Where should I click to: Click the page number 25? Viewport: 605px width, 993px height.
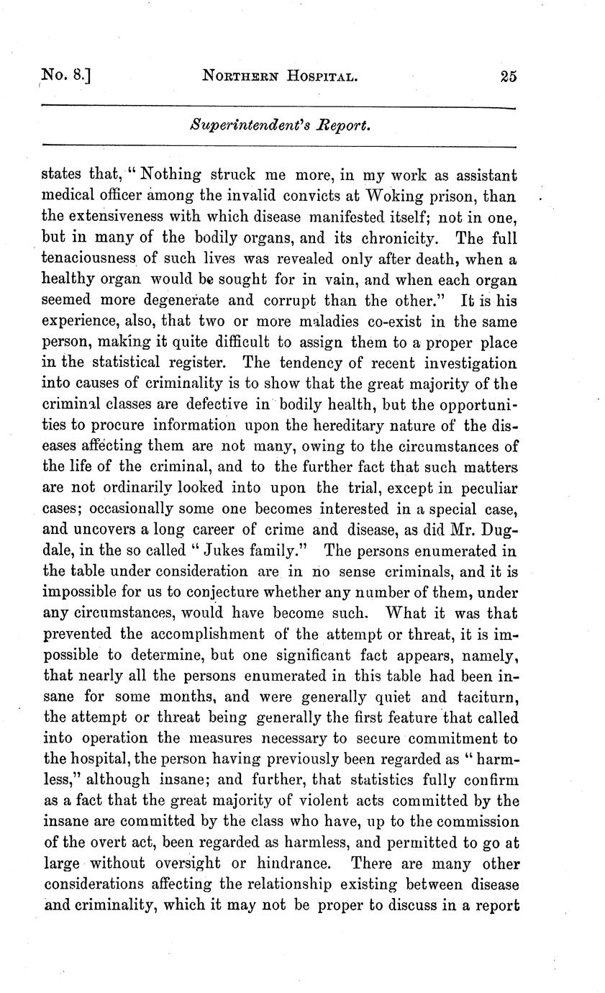coord(509,77)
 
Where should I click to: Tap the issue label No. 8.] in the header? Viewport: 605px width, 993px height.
coord(66,76)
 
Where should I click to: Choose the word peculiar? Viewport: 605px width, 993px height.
coord(486,486)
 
